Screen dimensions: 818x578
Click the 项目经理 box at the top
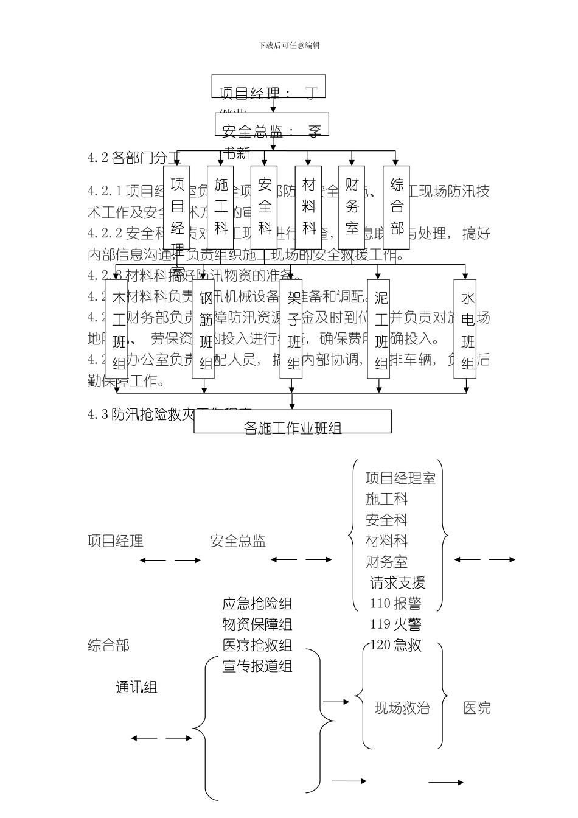tap(268, 87)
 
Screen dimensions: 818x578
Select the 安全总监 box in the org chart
tap(272, 124)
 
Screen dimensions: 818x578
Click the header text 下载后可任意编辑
tap(289, 46)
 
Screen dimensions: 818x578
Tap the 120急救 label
tap(395, 645)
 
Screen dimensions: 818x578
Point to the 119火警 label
tap(395, 624)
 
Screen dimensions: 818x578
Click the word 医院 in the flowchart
tap(476, 708)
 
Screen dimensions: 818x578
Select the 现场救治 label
tap(402, 708)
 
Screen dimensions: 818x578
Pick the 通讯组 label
tap(137, 687)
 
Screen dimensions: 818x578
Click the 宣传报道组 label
tap(257, 666)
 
